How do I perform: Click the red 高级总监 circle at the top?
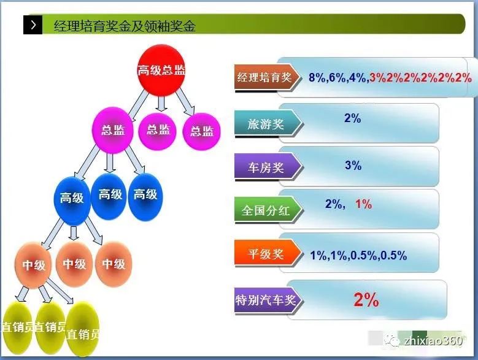click(161, 70)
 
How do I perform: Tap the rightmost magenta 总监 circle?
click(201, 131)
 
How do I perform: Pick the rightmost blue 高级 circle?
click(145, 195)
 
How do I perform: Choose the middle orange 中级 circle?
click(75, 264)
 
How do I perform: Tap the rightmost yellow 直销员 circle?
click(83, 334)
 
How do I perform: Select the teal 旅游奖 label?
click(265, 124)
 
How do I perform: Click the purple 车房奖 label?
click(265, 167)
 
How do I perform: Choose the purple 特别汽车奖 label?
click(265, 301)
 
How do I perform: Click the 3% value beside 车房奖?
click(353, 166)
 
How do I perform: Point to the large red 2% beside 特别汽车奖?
click(366, 300)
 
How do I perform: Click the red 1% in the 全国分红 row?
click(363, 204)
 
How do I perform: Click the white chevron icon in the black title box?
click(32, 26)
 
